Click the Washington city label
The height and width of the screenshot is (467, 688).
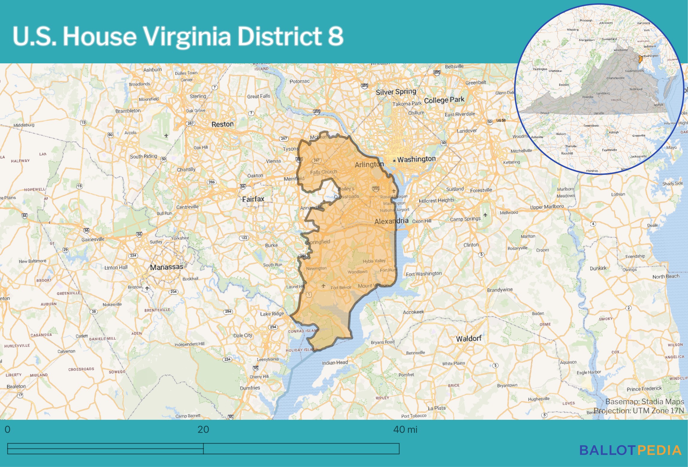(416, 159)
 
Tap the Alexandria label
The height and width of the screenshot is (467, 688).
(391, 221)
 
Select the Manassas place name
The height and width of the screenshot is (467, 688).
(166, 267)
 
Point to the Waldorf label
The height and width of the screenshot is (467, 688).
(469, 339)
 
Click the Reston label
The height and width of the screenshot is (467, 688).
(222, 124)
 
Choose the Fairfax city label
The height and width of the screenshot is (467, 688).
(253, 199)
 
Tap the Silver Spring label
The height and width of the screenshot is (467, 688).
(396, 92)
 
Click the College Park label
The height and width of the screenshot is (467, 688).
(444, 100)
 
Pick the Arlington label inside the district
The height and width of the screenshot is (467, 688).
(369, 164)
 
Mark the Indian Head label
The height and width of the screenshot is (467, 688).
(335, 362)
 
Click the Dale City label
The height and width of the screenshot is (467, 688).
(243, 335)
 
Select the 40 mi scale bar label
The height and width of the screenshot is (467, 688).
(405, 430)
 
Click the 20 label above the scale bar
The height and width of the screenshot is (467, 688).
(203, 430)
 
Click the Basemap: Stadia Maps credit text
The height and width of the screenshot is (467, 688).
(645, 402)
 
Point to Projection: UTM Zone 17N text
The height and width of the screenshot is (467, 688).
(639, 411)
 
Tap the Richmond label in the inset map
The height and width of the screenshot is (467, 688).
(636, 89)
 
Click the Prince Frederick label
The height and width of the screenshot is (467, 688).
(644, 389)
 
